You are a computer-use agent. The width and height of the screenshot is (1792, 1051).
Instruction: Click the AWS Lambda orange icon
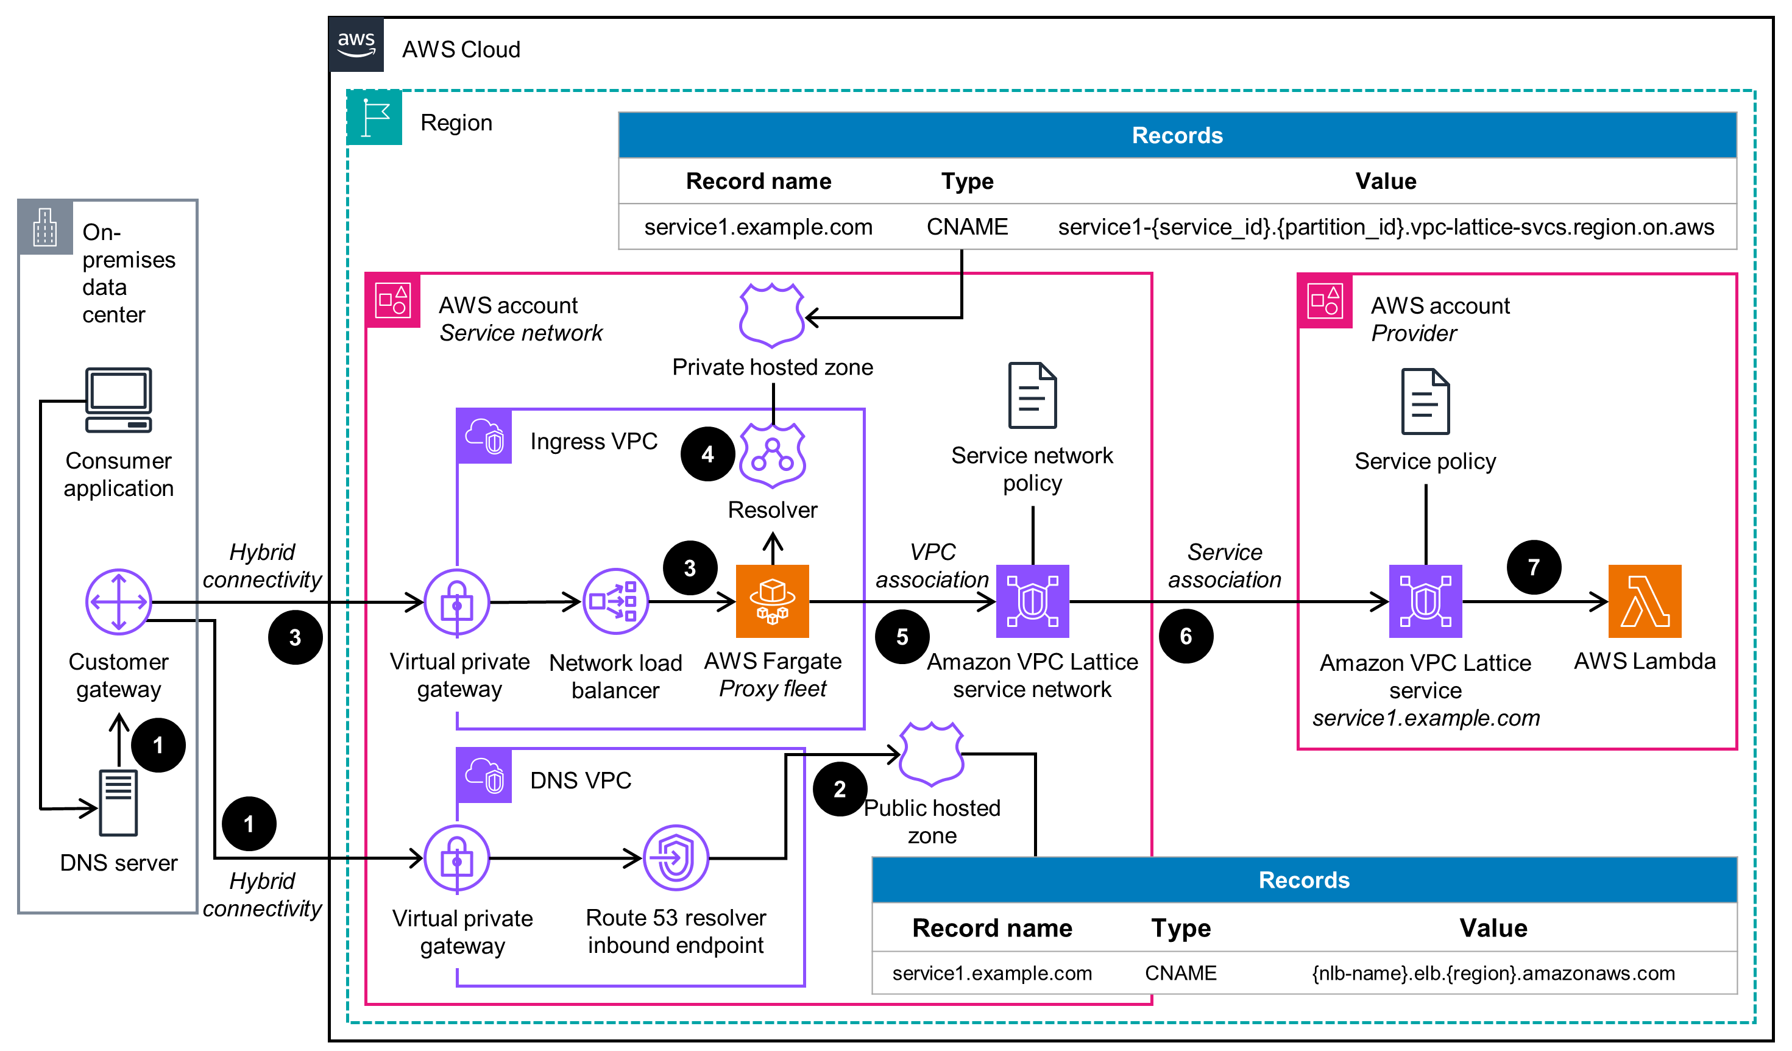(x=1644, y=601)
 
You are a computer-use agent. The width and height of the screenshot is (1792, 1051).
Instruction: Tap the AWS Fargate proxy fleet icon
(x=772, y=601)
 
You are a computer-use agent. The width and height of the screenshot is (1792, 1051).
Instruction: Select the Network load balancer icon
(x=615, y=601)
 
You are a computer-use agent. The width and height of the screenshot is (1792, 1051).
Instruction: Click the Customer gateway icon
(x=118, y=601)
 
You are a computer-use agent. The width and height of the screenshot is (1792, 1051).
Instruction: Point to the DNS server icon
(x=118, y=803)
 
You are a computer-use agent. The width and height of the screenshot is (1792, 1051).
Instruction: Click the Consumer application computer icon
(x=118, y=400)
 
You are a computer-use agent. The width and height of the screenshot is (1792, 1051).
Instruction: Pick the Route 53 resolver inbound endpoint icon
(x=676, y=858)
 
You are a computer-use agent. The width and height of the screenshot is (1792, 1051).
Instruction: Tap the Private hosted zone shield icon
(x=771, y=315)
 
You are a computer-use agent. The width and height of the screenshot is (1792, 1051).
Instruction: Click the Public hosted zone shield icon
(x=931, y=754)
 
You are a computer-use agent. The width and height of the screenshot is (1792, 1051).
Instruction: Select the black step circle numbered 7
(x=1534, y=567)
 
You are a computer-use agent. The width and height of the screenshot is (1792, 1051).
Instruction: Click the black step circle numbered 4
(x=707, y=454)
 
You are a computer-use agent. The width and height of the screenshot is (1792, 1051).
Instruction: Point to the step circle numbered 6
(x=1185, y=635)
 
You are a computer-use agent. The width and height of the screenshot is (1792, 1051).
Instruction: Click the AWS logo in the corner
(x=356, y=44)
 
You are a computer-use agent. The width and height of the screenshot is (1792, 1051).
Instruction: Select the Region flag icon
(x=375, y=118)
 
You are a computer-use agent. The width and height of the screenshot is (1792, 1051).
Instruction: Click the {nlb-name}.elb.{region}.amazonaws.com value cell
(x=1493, y=973)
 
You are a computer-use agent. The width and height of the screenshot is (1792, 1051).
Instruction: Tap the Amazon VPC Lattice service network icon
(x=1033, y=601)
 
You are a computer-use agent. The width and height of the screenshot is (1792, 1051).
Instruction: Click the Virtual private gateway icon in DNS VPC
(x=456, y=858)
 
